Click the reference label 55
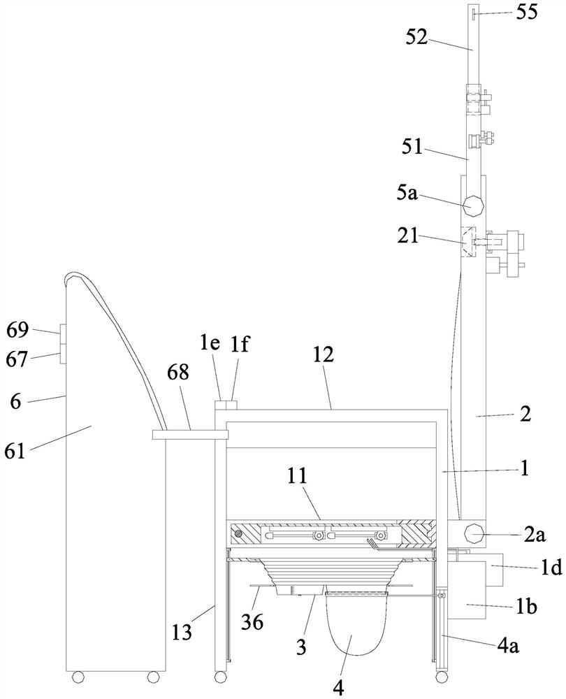point(527,12)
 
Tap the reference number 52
point(416,38)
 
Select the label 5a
point(407,194)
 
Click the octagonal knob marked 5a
point(473,206)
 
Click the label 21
point(408,236)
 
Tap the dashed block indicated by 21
point(468,242)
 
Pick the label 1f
point(239,345)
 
